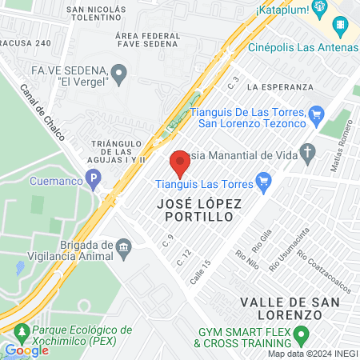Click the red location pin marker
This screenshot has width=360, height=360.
pyautogui.click(x=180, y=165)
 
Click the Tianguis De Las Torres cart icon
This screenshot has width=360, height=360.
pyautogui.click(x=315, y=114)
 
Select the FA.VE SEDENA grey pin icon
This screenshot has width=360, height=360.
pyautogui.click(x=120, y=75)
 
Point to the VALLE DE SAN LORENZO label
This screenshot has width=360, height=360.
pyautogui.click(x=292, y=308)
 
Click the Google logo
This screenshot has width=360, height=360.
pyautogui.click(x=26, y=350)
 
